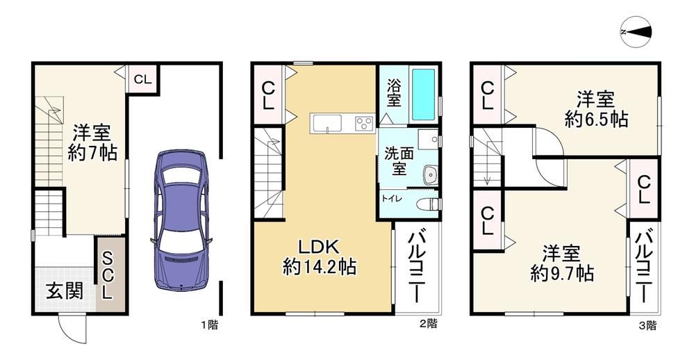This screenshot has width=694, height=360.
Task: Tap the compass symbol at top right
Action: pos(636,31)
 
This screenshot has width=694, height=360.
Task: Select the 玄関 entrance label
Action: pos(65,291)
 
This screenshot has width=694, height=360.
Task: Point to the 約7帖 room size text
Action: pos(92,153)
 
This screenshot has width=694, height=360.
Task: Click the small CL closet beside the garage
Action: pos(142,79)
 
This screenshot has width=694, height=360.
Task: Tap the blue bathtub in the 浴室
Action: pos(423,95)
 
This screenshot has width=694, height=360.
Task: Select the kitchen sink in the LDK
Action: pos(327,123)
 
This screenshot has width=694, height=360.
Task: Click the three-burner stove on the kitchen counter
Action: pos(365,122)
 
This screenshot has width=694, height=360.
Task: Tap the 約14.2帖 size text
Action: pos(319,267)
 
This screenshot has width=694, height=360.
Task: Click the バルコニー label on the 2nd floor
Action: pos(416,267)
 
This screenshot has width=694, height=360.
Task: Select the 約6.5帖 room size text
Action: pos(596,119)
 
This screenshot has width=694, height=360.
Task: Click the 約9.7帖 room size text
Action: pos(562,274)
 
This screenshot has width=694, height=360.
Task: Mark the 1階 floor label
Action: pos(209,325)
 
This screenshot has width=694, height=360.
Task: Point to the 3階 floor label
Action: pos(647,325)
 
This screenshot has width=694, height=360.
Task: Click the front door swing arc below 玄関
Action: pos(67,328)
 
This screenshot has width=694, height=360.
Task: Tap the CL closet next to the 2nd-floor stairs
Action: pos(268,95)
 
